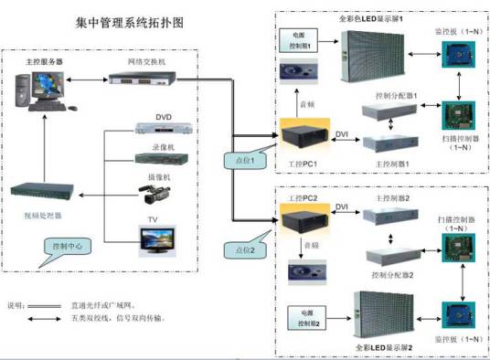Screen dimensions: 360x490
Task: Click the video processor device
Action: click(x=46, y=193)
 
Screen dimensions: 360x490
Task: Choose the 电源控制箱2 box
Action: click(x=308, y=319)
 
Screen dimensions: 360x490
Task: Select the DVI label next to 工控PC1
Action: click(x=341, y=135)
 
